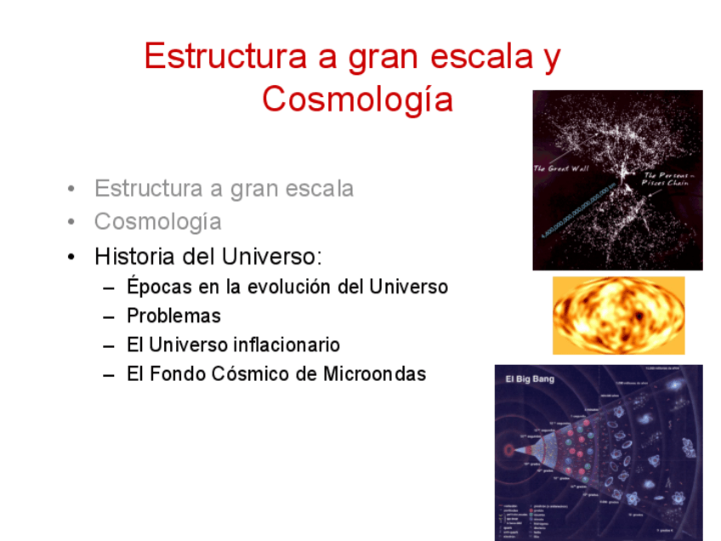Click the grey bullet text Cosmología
pos(158,222)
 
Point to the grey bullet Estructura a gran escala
pos(224,188)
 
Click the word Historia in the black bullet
pos(134,256)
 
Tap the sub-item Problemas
pos(173,316)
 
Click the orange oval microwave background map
pos(618,315)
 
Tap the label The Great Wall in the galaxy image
pos(561,168)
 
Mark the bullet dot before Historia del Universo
pos(75,257)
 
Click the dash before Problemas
pos(108,316)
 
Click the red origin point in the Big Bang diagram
pos(509,448)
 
